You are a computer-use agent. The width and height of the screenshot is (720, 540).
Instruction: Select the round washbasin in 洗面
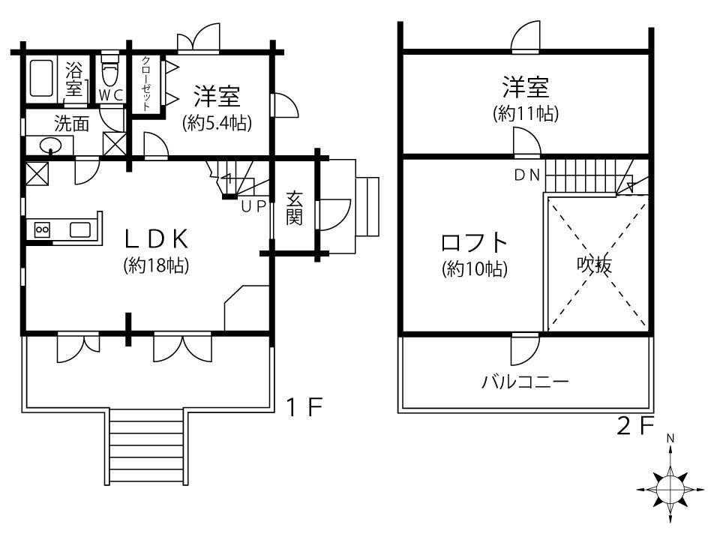tap(50, 146)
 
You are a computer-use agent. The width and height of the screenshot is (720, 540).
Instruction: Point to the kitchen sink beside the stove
tap(80, 229)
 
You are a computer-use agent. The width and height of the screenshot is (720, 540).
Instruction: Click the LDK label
tap(156, 238)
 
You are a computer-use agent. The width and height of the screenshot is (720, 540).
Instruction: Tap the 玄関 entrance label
tap(294, 208)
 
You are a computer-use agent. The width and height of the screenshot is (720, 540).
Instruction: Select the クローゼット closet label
tap(146, 83)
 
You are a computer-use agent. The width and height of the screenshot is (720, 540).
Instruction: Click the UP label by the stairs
tap(254, 207)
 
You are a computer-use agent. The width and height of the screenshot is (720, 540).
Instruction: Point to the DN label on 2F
tap(527, 175)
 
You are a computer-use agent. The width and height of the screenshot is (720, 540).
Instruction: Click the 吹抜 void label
tap(594, 265)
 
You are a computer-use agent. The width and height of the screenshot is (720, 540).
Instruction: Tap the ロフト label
tap(474, 243)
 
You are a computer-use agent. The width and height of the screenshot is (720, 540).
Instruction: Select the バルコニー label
tap(525, 382)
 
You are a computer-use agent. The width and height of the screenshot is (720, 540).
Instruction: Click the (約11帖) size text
tap(526, 113)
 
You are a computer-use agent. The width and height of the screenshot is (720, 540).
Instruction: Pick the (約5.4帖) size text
tap(217, 123)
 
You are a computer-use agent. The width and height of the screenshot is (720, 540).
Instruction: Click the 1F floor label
tap(304, 406)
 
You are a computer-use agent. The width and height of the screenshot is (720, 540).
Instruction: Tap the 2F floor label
tap(635, 427)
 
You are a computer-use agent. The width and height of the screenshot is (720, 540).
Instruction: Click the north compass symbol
tap(670, 489)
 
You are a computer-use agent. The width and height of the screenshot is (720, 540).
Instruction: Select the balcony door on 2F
tap(525, 349)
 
